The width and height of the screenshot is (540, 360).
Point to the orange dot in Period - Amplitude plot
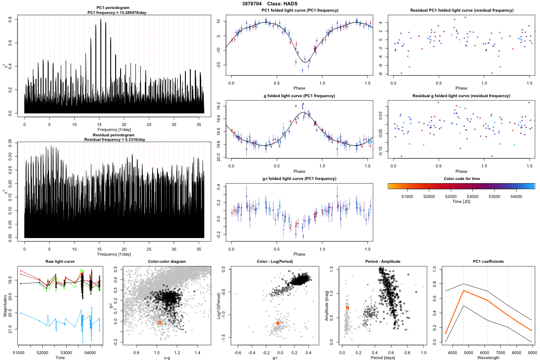point(347,308)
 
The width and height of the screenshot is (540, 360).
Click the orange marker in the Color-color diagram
point(160,322)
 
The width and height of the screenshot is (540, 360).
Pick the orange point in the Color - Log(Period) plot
point(278,323)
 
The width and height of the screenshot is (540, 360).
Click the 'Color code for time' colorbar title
point(461,179)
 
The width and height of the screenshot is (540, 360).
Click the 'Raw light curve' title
point(60,262)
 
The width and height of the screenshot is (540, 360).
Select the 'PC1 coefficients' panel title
point(488,262)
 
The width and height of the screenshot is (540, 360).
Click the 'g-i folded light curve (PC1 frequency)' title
point(299,179)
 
